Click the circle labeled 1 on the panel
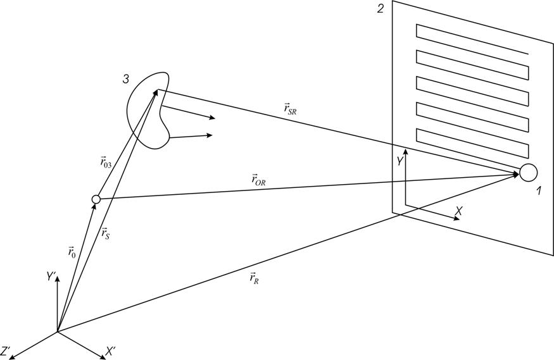pyautogui.click(x=529, y=172)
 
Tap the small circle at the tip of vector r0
pyautogui.click(x=96, y=200)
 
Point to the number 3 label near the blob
pyautogui.click(x=126, y=79)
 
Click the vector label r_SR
pyautogui.click(x=291, y=109)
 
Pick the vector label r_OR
pyautogui.click(x=258, y=180)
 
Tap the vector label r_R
pyautogui.click(x=253, y=278)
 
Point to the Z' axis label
pyautogui.click(x=7, y=350)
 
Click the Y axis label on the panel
pyautogui.click(x=400, y=161)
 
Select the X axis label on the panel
pyautogui.click(x=458, y=211)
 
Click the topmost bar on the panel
pyautogui.click(x=472, y=40)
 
